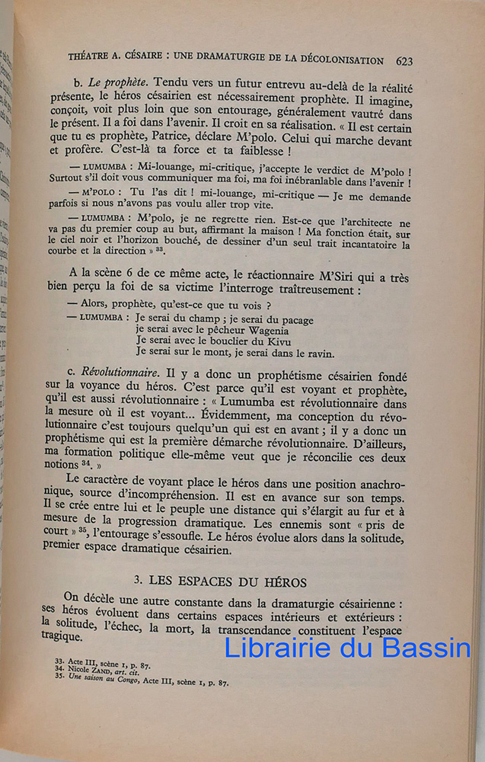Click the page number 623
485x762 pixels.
(404, 60)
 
